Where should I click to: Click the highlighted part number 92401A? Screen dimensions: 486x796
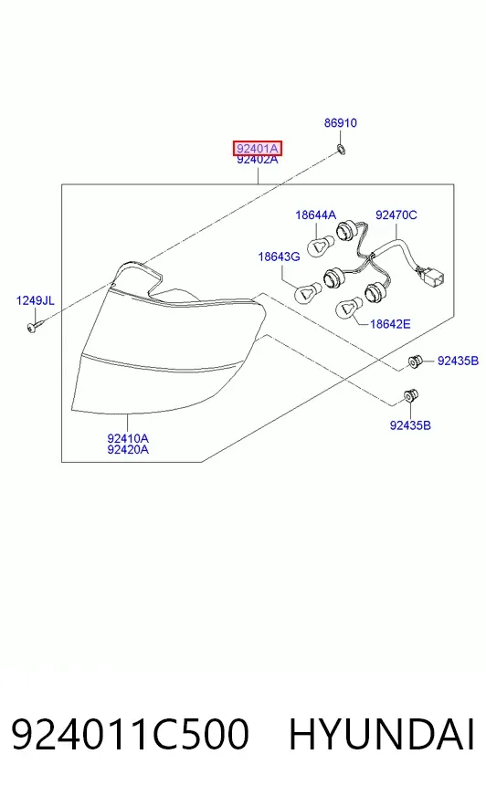pyautogui.click(x=257, y=149)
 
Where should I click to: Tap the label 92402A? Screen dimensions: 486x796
pyautogui.click(x=258, y=160)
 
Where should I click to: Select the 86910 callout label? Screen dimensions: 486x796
pyautogui.click(x=340, y=123)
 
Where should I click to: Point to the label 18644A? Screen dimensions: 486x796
pyautogui.click(x=315, y=215)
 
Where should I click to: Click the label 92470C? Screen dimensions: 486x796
pyautogui.click(x=396, y=215)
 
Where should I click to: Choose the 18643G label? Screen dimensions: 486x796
pyautogui.click(x=279, y=257)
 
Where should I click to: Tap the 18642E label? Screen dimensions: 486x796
pyautogui.click(x=390, y=324)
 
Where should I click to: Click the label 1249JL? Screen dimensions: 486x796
pyautogui.click(x=35, y=300)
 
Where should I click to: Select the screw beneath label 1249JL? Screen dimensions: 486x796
pyautogui.click(x=35, y=326)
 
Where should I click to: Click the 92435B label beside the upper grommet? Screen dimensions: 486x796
pyautogui.click(x=458, y=361)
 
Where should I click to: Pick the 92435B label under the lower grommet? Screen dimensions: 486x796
pyautogui.click(x=410, y=425)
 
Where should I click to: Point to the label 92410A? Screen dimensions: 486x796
pyautogui.click(x=128, y=438)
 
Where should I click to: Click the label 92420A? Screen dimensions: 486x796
pyautogui.click(x=128, y=449)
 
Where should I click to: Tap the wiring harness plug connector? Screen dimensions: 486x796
pyautogui.click(x=429, y=277)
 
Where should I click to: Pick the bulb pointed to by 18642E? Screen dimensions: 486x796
pyautogui.click(x=348, y=309)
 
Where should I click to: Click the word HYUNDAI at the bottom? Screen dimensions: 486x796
pyautogui.click(x=382, y=734)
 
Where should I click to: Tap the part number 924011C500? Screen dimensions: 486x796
pyautogui.click(x=130, y=734)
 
